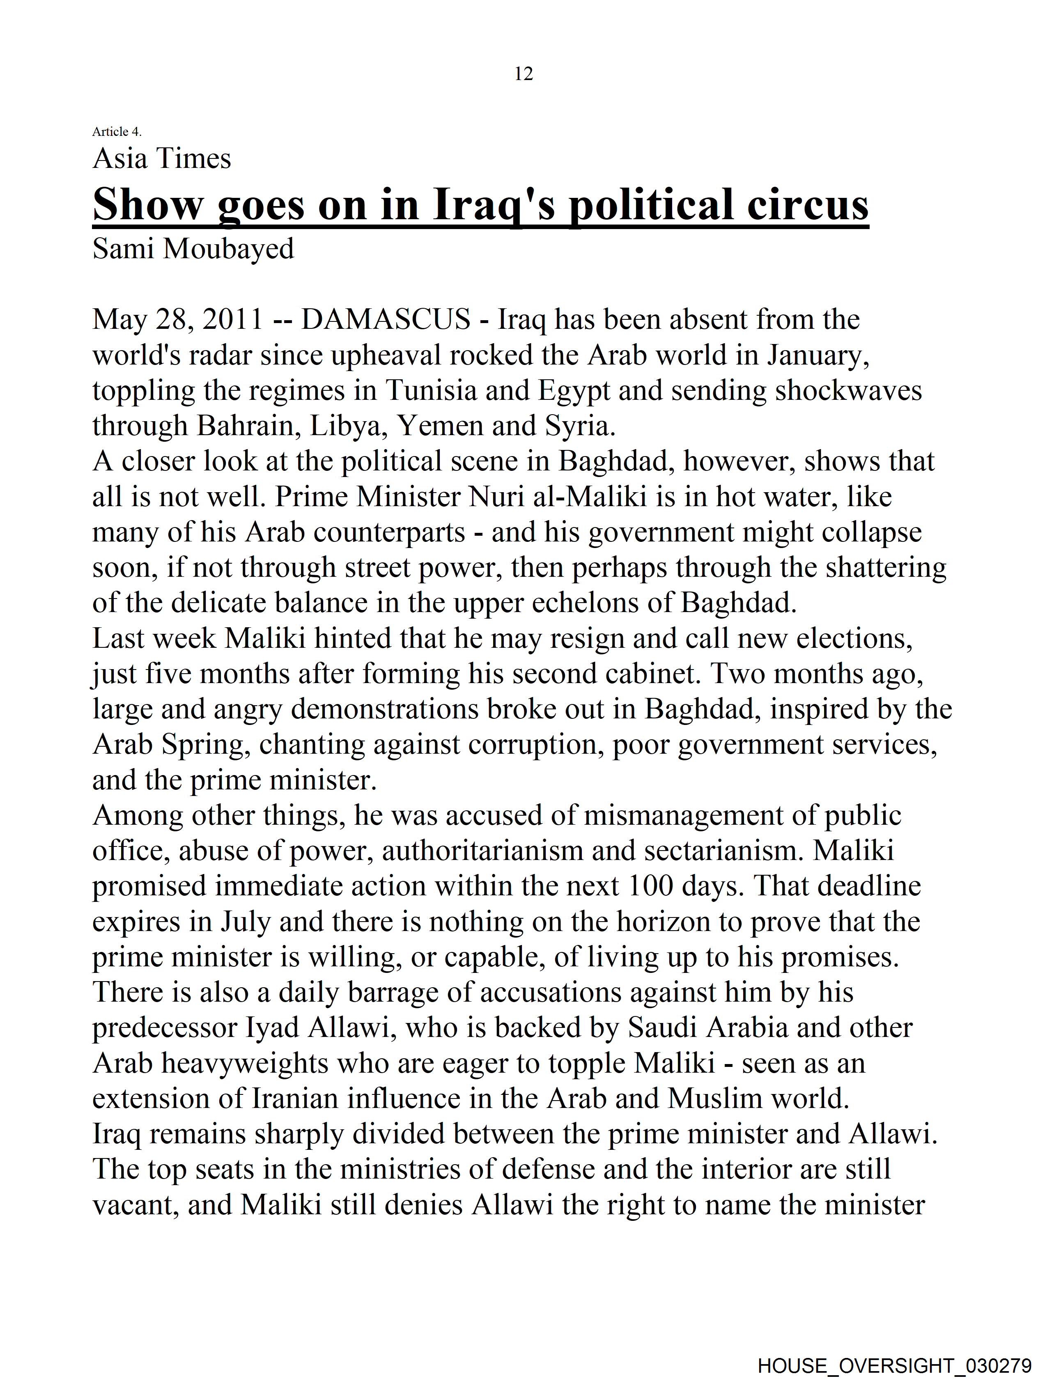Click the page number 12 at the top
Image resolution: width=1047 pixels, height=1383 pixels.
[x=523, y=74]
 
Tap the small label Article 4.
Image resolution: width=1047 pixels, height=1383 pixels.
[x=117, y=131]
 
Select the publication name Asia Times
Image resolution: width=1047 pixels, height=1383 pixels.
[x=162, y=159]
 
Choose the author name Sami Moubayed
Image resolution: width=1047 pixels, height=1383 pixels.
[x=193, y=249]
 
